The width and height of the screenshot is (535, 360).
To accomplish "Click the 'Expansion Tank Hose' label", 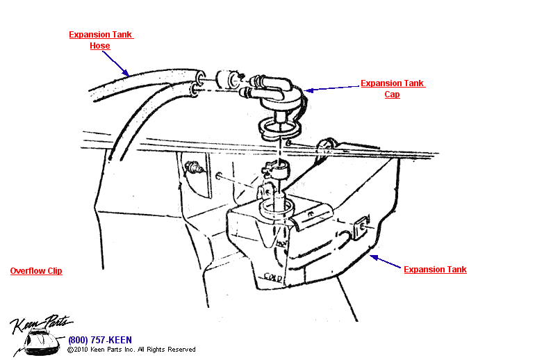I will [x=101, y=40].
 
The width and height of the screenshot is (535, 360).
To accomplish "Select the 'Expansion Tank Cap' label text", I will [x=393, y=89].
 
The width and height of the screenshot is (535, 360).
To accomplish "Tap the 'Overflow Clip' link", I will [x=36, y=271].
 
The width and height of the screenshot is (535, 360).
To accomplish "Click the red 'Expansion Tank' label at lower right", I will [x=435, y=270].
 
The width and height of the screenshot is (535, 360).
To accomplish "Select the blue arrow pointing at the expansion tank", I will [x=386, y=263].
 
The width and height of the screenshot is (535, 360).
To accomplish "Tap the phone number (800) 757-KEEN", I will [x=99, y=340].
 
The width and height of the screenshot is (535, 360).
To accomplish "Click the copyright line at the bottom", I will [x=131, y=350].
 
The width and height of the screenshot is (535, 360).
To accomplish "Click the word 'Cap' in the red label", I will [x=393, y=95].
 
